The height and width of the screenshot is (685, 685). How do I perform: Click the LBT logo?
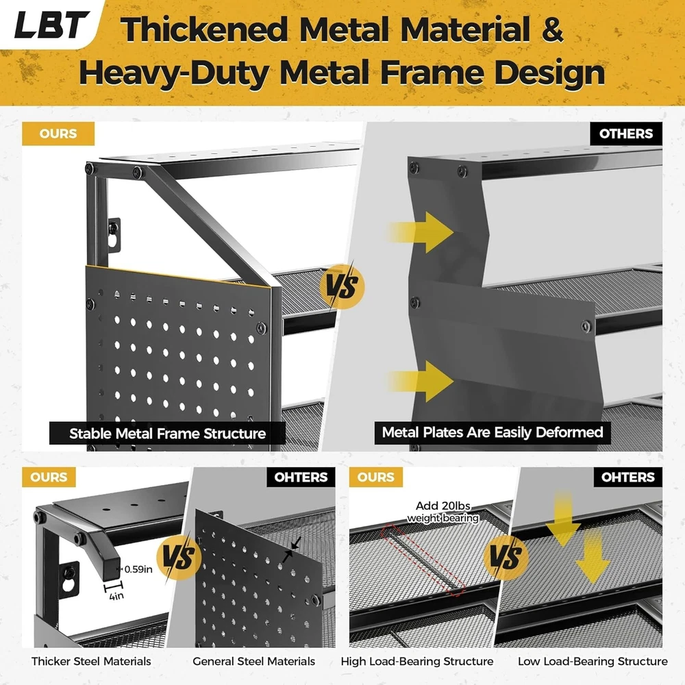point(51,24)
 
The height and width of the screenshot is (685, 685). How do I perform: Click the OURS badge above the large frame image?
point(58,134)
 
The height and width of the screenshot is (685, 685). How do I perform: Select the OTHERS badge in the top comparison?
point(625,134)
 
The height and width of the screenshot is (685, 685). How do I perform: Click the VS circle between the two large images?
point(342,286)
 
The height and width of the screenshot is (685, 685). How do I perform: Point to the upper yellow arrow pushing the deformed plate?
point(419,232)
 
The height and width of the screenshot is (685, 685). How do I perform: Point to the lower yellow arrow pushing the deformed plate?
point(419,381)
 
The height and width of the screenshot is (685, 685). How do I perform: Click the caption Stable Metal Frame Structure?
point(167,434)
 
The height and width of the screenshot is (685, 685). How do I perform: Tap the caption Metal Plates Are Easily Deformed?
point(493,432)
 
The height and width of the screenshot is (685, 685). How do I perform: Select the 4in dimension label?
point(116,596)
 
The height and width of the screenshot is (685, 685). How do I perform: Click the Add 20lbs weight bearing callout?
point(443,512)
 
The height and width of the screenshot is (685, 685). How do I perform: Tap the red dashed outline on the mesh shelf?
point(423,560)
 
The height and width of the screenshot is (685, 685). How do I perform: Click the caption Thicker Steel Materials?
point(91,662)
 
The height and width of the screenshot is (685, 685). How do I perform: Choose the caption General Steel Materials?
point(254,662)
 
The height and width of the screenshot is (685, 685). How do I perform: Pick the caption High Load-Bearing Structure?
point(417,662)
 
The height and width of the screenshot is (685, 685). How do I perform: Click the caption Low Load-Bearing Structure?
point(593,662)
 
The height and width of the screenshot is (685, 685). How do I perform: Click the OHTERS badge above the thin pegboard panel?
point(301,477)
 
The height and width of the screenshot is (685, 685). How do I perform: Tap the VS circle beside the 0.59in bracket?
point(179,558)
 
